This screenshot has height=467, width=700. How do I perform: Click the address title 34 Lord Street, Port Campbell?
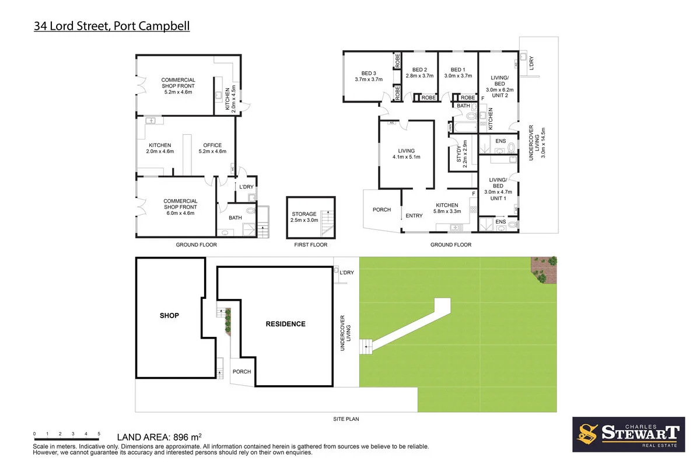tap(111, 26)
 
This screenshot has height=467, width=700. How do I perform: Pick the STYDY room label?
tap(459, 153)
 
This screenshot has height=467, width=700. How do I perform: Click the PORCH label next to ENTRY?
tap(382, 210)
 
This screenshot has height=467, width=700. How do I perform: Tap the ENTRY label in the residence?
tap(414, 216)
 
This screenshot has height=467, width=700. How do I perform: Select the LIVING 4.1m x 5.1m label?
tap(406, 154)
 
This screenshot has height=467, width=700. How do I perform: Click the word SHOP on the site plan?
tap(169, 315)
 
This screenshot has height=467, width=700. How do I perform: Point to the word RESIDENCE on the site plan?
tap(285, 324)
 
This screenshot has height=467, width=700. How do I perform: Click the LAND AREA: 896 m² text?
tap(159, 436)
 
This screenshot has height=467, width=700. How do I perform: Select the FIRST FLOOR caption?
tap(311, 245)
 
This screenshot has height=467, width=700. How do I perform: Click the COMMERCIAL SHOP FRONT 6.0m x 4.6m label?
tap(180, 207)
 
